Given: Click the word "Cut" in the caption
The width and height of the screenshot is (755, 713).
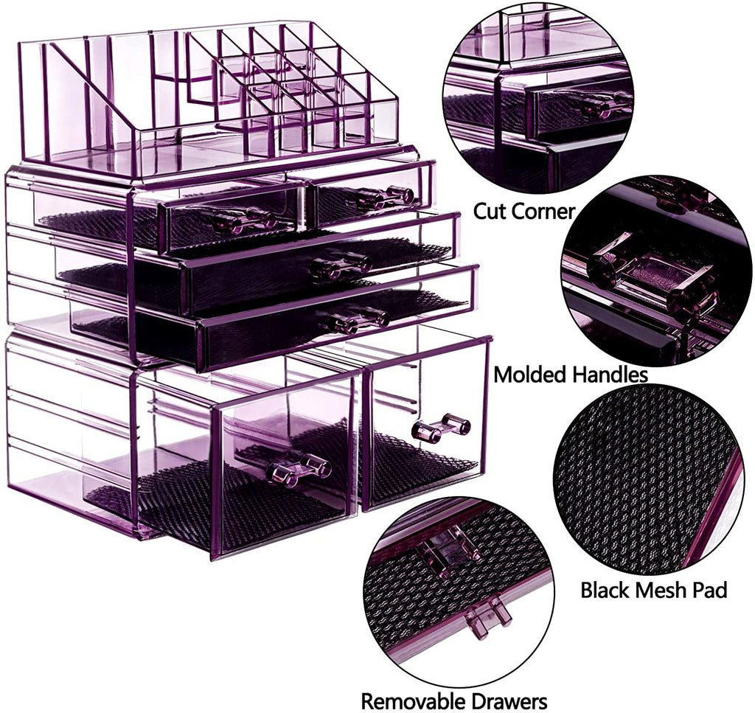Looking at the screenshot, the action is tap(488, 211).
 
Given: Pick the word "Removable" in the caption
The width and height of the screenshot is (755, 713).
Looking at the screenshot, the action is tap(415, 700).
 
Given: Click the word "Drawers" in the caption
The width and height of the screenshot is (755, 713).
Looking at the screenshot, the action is tap(510, 700).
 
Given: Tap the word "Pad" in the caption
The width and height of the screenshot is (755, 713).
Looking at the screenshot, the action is tap(711, 590).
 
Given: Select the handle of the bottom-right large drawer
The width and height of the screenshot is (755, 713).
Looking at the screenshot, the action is tap(441, 427).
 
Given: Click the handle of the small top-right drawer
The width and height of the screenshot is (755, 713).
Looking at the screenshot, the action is tap(385, 196).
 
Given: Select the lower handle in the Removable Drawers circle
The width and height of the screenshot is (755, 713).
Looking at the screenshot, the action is tap(487, 618).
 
